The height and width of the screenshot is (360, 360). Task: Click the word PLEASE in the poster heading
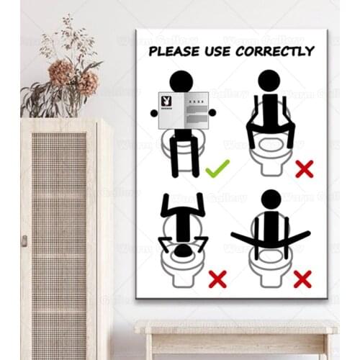tap(173, 51)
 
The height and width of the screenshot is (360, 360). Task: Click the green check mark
tap(217, 169)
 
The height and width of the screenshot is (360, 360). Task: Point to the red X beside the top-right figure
tap(304, 169)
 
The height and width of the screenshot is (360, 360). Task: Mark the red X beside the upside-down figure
tap(217, 278)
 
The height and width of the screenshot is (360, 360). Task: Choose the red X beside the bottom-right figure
tap(303, 279)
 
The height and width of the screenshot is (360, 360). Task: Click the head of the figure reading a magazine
tap(181, 81)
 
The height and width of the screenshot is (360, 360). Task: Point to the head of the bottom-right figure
tap(271, 199)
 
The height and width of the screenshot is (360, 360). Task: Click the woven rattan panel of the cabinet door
tap(59, 238)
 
